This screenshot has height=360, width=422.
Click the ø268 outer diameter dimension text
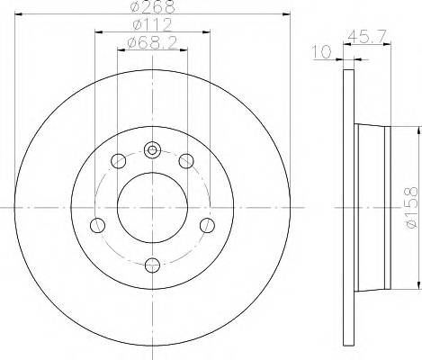(152, 8)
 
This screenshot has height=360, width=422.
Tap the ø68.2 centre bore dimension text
(152, 43)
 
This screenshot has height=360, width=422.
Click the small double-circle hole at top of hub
(152, 150)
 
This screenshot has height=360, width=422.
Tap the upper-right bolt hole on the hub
(186, 162)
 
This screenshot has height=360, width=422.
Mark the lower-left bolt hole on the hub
(99, 223)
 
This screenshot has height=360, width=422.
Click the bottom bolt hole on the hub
(152, 264)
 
